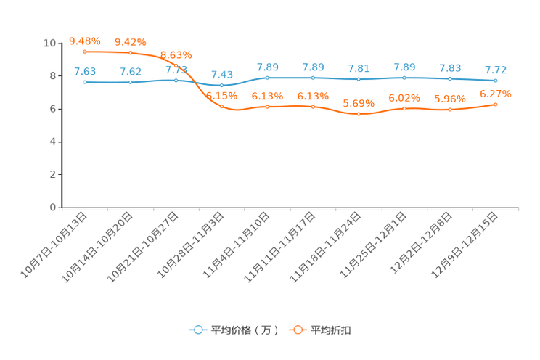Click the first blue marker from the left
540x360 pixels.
[x=85, y=81]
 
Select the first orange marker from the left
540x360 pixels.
[x=85, y=52]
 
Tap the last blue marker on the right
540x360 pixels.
[x=496, y=80]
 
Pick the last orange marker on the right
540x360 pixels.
[x=496, y=105]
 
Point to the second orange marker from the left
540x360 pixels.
[x=131, y=52]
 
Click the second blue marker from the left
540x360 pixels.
[x=131, y=82]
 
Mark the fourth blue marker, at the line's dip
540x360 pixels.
[x=221, y=85]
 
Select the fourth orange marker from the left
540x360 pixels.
[x=221, y=107]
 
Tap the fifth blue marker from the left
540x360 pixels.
[x=268, y=77]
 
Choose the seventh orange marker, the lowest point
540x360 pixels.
[x=359, y=114]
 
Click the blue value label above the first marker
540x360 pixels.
[x=85, y=71]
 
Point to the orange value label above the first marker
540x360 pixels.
[x=85, y=41]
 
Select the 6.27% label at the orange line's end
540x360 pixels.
[x=496, y=94]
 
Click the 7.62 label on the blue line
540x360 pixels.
[x=131, y=71]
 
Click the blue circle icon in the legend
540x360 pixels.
[x=197, y=330]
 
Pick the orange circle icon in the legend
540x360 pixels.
[x=297, y=330]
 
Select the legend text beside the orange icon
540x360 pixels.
[x=332, y=330]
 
